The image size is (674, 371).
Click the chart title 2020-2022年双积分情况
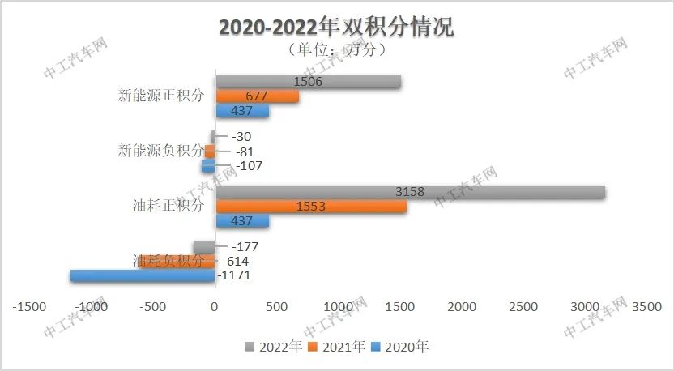pyautogui.click(x=337, y=26)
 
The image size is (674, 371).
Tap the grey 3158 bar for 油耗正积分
pyautogui.click(x=409, y=192)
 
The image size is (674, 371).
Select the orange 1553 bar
pyautogui.click(x=310, y=207)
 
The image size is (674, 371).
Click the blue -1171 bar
pyautogui.click(x=142, y=275)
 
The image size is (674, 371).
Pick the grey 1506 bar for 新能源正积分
pyautogui.click(x=308, y=82)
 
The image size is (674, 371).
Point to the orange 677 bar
pyautogui.click(x=256, y=96)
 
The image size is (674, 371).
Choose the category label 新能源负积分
pyautogui.click(x=160, y=151)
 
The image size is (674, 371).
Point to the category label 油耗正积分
pyautogui.click(x=168, y=206)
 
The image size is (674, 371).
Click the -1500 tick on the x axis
pyautogui.click(x=30, y=307)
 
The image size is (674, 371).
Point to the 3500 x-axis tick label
pyautogui.click(x=646, y=307)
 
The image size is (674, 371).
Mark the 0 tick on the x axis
pyautogui.click(x=215, y=307)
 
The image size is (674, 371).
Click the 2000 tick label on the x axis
pyautogui.click(x=462, y=307)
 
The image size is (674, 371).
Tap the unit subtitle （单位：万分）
pyautogui.click(x=336, y=49)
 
